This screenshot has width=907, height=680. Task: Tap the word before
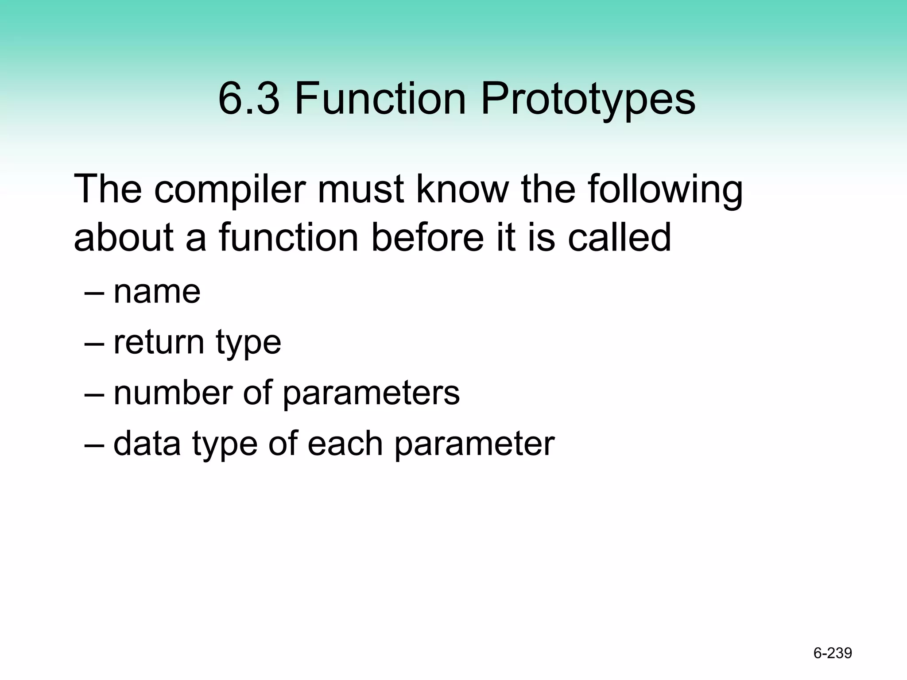(x=428, y=238)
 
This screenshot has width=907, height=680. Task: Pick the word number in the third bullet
(x=173, y=393)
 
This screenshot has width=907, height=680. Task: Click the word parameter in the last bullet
(x=474, y=444)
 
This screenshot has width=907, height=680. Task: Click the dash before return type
(x=94, y=344)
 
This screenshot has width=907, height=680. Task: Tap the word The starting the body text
(x=108, y=189)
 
